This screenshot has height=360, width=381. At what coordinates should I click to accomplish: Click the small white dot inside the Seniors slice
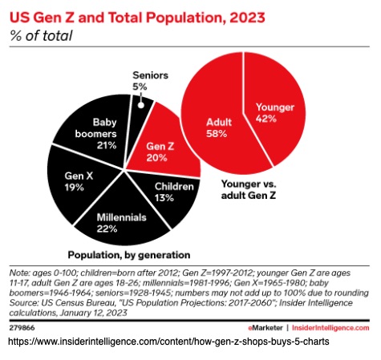point(140,102)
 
